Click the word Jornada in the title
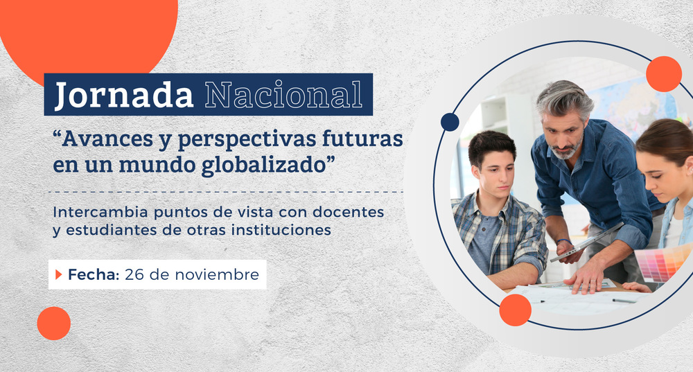(x=124, y=95)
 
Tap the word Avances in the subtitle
(x=103, y=139)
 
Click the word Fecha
(x=94, y=275)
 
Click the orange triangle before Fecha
(x=59, y=275)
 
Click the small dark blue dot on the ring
(x=450, y=122)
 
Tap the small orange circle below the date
(x=54, y=323)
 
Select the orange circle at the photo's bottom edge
(x=515, y=310)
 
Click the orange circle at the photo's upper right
(x=663, y=74)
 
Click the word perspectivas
(x=238, y=140)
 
